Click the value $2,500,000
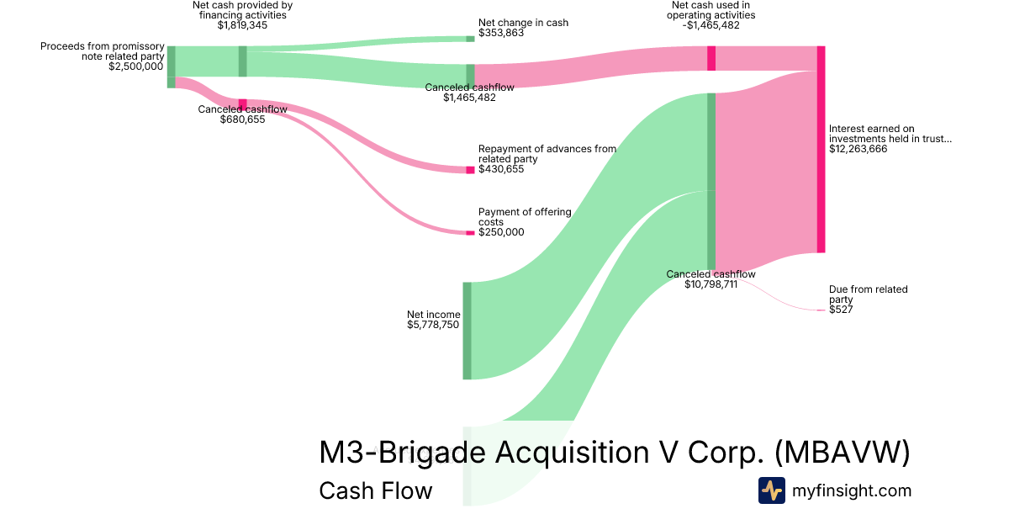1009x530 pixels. pyautogui.click(x=136, y=66)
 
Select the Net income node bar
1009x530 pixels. pyautogui.click(x=467, y=331)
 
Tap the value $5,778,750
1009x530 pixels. pyautogui.click(x=433, y=325)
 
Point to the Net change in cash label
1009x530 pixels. pyautogui.click(x=523, y=23)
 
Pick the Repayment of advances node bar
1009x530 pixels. pyautogui.click(x=470, y=170)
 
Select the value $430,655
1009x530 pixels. pyautogui.click(x=501, y=169)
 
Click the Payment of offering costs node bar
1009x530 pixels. pyautogui.click(x=470, y=232)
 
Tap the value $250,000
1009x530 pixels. pyautogui.click(x=501, y=232)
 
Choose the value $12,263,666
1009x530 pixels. pyautogui.click(x=858, y=149)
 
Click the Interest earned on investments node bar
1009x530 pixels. pyautogui.click(x=821, y=149)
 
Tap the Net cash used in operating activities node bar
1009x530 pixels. pyautogui.click(x=711, y=58)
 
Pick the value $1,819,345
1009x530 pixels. pyautogui.click(x=242, y=25)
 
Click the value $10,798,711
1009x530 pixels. pyautogui.click(x=711, y=284)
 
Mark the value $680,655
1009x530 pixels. pyautogui.click(x=242, y=119)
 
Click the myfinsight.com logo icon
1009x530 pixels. pyautogui.click(x=771, y=490)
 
